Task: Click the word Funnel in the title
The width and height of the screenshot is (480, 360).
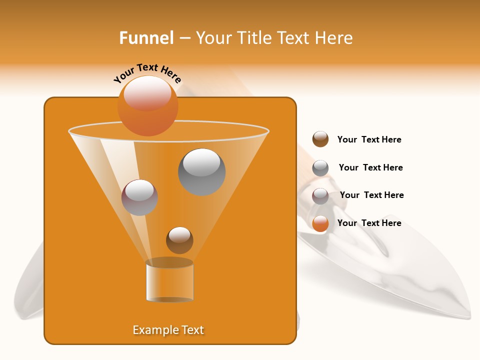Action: click(146, 38)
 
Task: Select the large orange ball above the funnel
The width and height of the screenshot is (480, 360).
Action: click(147, 105)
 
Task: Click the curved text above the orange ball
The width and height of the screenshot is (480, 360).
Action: click(147, 73)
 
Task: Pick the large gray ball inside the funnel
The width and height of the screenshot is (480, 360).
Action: click(201, 172)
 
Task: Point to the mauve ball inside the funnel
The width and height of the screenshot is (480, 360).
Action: click(139, 197)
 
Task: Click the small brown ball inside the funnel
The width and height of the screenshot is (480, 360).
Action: click(179, 240)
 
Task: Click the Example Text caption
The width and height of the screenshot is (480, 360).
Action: click(168, 330)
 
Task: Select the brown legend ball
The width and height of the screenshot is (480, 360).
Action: click(320, 139)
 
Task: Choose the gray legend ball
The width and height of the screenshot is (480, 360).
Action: click(320, 167)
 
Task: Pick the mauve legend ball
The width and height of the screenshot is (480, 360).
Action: click(320, 196)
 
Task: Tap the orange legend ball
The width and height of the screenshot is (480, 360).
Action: click(320, 223)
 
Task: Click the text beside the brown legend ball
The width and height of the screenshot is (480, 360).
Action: click(369, 140)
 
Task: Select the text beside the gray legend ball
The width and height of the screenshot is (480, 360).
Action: click(370, 167)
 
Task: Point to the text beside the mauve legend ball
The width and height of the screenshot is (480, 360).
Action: click(371, 195)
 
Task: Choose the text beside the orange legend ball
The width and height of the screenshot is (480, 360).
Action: click(369, 223)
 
